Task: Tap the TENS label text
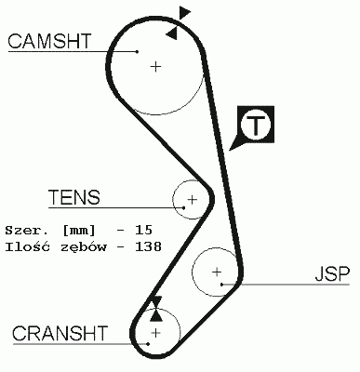(74, 197)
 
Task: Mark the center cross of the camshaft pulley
(155, 66)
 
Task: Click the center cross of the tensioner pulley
(192, 199)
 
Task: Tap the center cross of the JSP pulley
(217, 272)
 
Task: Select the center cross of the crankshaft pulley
(155, 331)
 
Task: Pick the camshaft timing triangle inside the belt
(171, 33)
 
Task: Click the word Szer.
(23, 229)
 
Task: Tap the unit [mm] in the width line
(79, 229)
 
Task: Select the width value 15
(142, 229)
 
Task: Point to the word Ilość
(27, 247)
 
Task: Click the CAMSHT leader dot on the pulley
(137, 50)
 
